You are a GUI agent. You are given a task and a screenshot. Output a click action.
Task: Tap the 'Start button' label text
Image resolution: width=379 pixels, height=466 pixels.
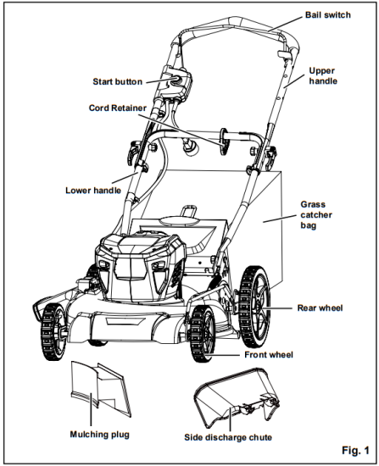pyautogui.click(x=117, y=82)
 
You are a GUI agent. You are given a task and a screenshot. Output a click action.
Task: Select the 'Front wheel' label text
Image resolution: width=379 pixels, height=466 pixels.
pyautogui.click(x=267, y=354)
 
